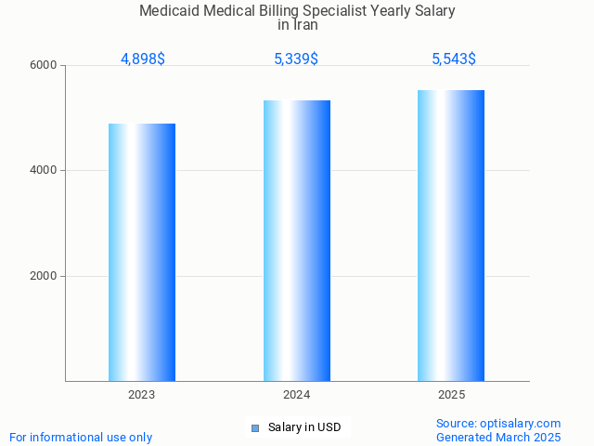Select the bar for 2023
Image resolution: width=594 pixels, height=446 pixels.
(x=142, y=252)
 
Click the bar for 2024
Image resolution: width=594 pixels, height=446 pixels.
(x=297, y=241)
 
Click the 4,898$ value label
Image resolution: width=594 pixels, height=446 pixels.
(x=143, y=59)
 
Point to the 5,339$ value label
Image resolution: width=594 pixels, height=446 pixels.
(x=296, y=59)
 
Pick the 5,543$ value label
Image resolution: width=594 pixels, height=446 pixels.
(x=454, y=59)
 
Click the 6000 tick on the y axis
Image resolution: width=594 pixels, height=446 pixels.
(x=44, y=66)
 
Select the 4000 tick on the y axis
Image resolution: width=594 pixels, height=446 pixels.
(x=44, y=171)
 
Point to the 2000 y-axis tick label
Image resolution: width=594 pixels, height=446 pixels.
(x=44, y=276)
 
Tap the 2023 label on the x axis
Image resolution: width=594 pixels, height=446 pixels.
(x=142, y=395)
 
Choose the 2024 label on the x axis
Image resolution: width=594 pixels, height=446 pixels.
(x=297, y=395)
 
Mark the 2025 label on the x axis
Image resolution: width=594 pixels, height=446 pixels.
(x=451, y=395)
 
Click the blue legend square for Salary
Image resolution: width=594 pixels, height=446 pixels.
(x=255, y=428)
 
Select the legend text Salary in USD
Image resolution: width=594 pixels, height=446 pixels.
(x=304, y=428)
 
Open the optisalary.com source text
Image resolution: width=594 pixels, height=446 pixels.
(x=498, y=424)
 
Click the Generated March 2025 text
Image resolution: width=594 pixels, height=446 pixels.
(x=498, y=438)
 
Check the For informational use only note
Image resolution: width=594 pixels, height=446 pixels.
(x=81, y=438)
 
